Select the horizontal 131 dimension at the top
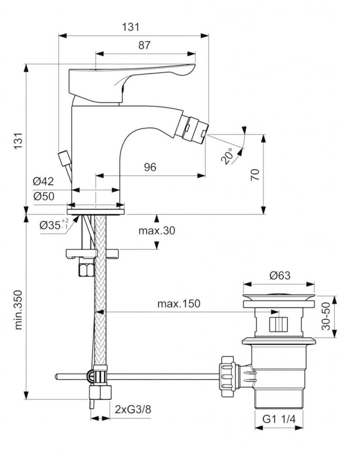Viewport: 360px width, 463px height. pyautogui.click(x=131, y=27)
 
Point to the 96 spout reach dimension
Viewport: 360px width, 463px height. pyautogui.click(x=150, y=167)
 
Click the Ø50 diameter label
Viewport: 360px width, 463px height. pyautogui.click(x=43, y=197)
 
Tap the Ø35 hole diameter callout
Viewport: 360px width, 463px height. pyautogui.click(x=53, y=224)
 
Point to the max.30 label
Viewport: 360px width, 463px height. pyautogui.click(x=156, y=231)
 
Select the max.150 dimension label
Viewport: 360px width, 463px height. pyautogui.click(x=178, y=303)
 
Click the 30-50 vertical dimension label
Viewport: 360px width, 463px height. pyautogui.click(x=326, y=317)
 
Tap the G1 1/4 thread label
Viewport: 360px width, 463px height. pyautogui.click(x=279, y=420)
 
